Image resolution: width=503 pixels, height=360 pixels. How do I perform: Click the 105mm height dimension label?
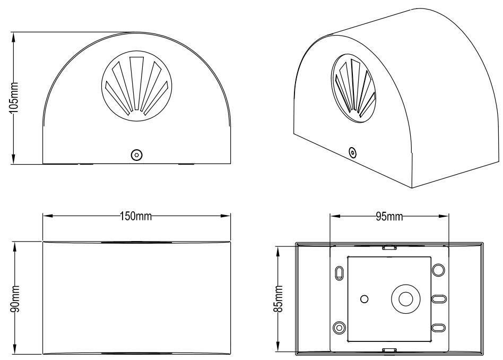pos(14,98)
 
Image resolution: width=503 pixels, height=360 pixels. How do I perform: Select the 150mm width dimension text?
pos(136,216)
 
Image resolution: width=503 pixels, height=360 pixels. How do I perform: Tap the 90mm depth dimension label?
pos(15,298)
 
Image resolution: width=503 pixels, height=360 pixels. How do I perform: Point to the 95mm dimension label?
pos(389,217)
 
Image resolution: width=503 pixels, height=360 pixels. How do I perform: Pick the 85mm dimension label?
pos(278,298)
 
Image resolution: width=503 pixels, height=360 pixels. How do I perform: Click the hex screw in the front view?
pos(137,155)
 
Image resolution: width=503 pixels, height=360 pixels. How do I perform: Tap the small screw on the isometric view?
pos(353,152)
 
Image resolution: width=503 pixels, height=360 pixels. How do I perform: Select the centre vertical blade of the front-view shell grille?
pos(136,84)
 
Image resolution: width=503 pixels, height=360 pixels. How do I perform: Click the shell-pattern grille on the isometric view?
pos(353,88)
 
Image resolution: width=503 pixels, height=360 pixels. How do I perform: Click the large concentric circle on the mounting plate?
pos(406,299)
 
